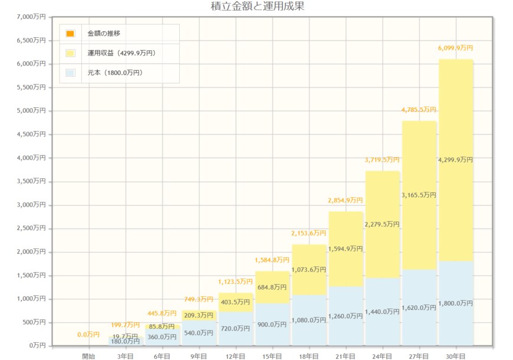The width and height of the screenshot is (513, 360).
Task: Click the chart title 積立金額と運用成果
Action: coord(256,6)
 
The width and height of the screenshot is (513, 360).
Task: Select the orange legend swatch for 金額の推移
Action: coord(70,34)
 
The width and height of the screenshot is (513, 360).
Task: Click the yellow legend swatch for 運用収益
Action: coord(70,53)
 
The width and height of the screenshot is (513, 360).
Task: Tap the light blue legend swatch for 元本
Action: coord(70,73)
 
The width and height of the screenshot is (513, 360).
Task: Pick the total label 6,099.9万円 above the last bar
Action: coord(455,48)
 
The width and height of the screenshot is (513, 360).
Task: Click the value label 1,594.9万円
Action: coord(346,248)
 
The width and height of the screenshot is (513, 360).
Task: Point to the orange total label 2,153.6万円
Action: coord(308,233)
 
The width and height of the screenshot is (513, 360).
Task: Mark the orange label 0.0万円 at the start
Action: coord(88,335)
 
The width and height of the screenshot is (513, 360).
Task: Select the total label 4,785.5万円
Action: coord(419,110)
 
